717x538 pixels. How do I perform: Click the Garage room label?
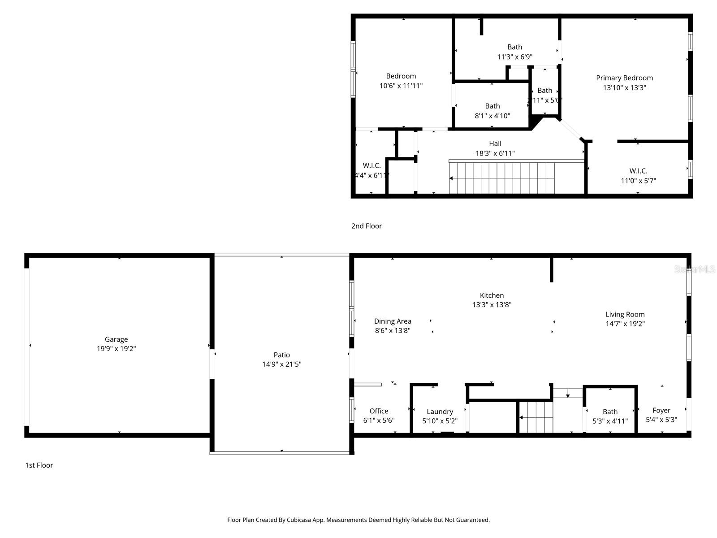tap(116, 339)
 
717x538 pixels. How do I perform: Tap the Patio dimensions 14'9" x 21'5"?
tap(281, 364)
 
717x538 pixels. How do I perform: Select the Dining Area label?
tap(393, 321)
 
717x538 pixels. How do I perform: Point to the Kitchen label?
tap(492, 295)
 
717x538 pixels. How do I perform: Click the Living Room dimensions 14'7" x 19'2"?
tap(625, 324)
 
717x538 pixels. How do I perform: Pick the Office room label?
tap(379, 411)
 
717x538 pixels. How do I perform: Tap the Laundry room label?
tap(440, 411)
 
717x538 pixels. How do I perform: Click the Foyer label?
tap(661, 410)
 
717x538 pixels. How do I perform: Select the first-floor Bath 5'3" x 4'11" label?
tap(610, 412)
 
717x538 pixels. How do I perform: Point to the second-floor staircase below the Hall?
tap(502, 178)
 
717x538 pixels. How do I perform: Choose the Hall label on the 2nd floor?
tap(495, 143)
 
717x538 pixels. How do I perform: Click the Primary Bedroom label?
tap(624, 78)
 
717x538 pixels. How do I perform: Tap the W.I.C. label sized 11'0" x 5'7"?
tap(638, 171)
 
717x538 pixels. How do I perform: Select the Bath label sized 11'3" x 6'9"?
tap(514, 47)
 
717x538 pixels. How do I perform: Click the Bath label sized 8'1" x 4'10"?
tap(492, 106)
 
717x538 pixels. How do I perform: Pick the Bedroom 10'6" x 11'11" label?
tap(401, 76)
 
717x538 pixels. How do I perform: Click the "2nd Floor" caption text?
tap(366, 226)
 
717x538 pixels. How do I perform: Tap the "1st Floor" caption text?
tap(39, 465)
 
